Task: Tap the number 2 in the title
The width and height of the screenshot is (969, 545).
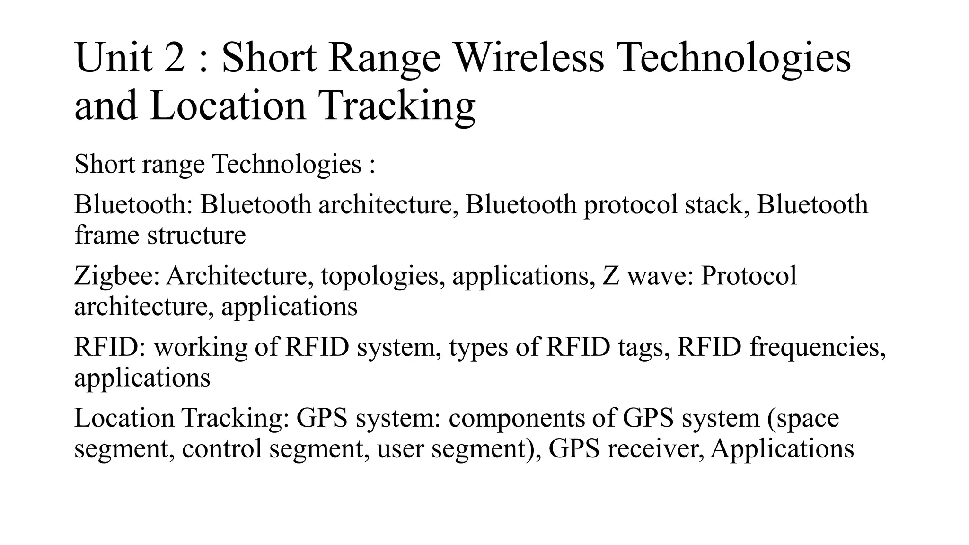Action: pos(175,58)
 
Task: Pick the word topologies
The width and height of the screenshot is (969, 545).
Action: pos(382,276)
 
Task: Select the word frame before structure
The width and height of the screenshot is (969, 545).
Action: pos(107,235)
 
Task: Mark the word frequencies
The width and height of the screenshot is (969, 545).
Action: pos(817,347)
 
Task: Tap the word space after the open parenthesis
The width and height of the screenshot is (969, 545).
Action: pos(807,418)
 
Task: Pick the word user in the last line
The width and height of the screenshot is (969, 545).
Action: pos(400,448)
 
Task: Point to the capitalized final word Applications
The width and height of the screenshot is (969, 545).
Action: pos(782,448)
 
